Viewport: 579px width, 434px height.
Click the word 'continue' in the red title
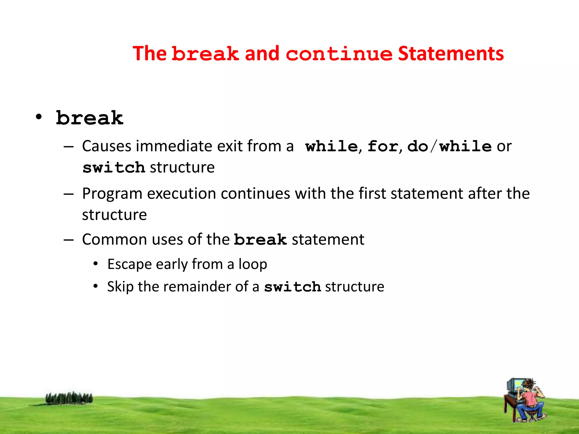tap(339, 54)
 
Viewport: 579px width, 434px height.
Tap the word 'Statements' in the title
tap(451, 54)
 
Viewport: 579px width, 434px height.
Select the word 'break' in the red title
tap(206, 54)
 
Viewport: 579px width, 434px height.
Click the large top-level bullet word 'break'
tap(90, 118)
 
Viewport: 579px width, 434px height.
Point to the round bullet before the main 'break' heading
tap(39, 117)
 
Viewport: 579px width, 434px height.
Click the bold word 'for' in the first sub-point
tap(383, 146)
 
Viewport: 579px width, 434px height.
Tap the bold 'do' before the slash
tap(418, 146)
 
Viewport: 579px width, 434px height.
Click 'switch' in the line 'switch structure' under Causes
tap(114, 168)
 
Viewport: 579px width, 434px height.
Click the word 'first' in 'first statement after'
tap(372, 194)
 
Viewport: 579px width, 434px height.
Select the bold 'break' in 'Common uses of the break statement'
tap(260, 240)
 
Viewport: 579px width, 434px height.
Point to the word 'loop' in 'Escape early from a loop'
tap(252, 264)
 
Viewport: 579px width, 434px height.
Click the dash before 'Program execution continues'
tap(69, 194)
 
